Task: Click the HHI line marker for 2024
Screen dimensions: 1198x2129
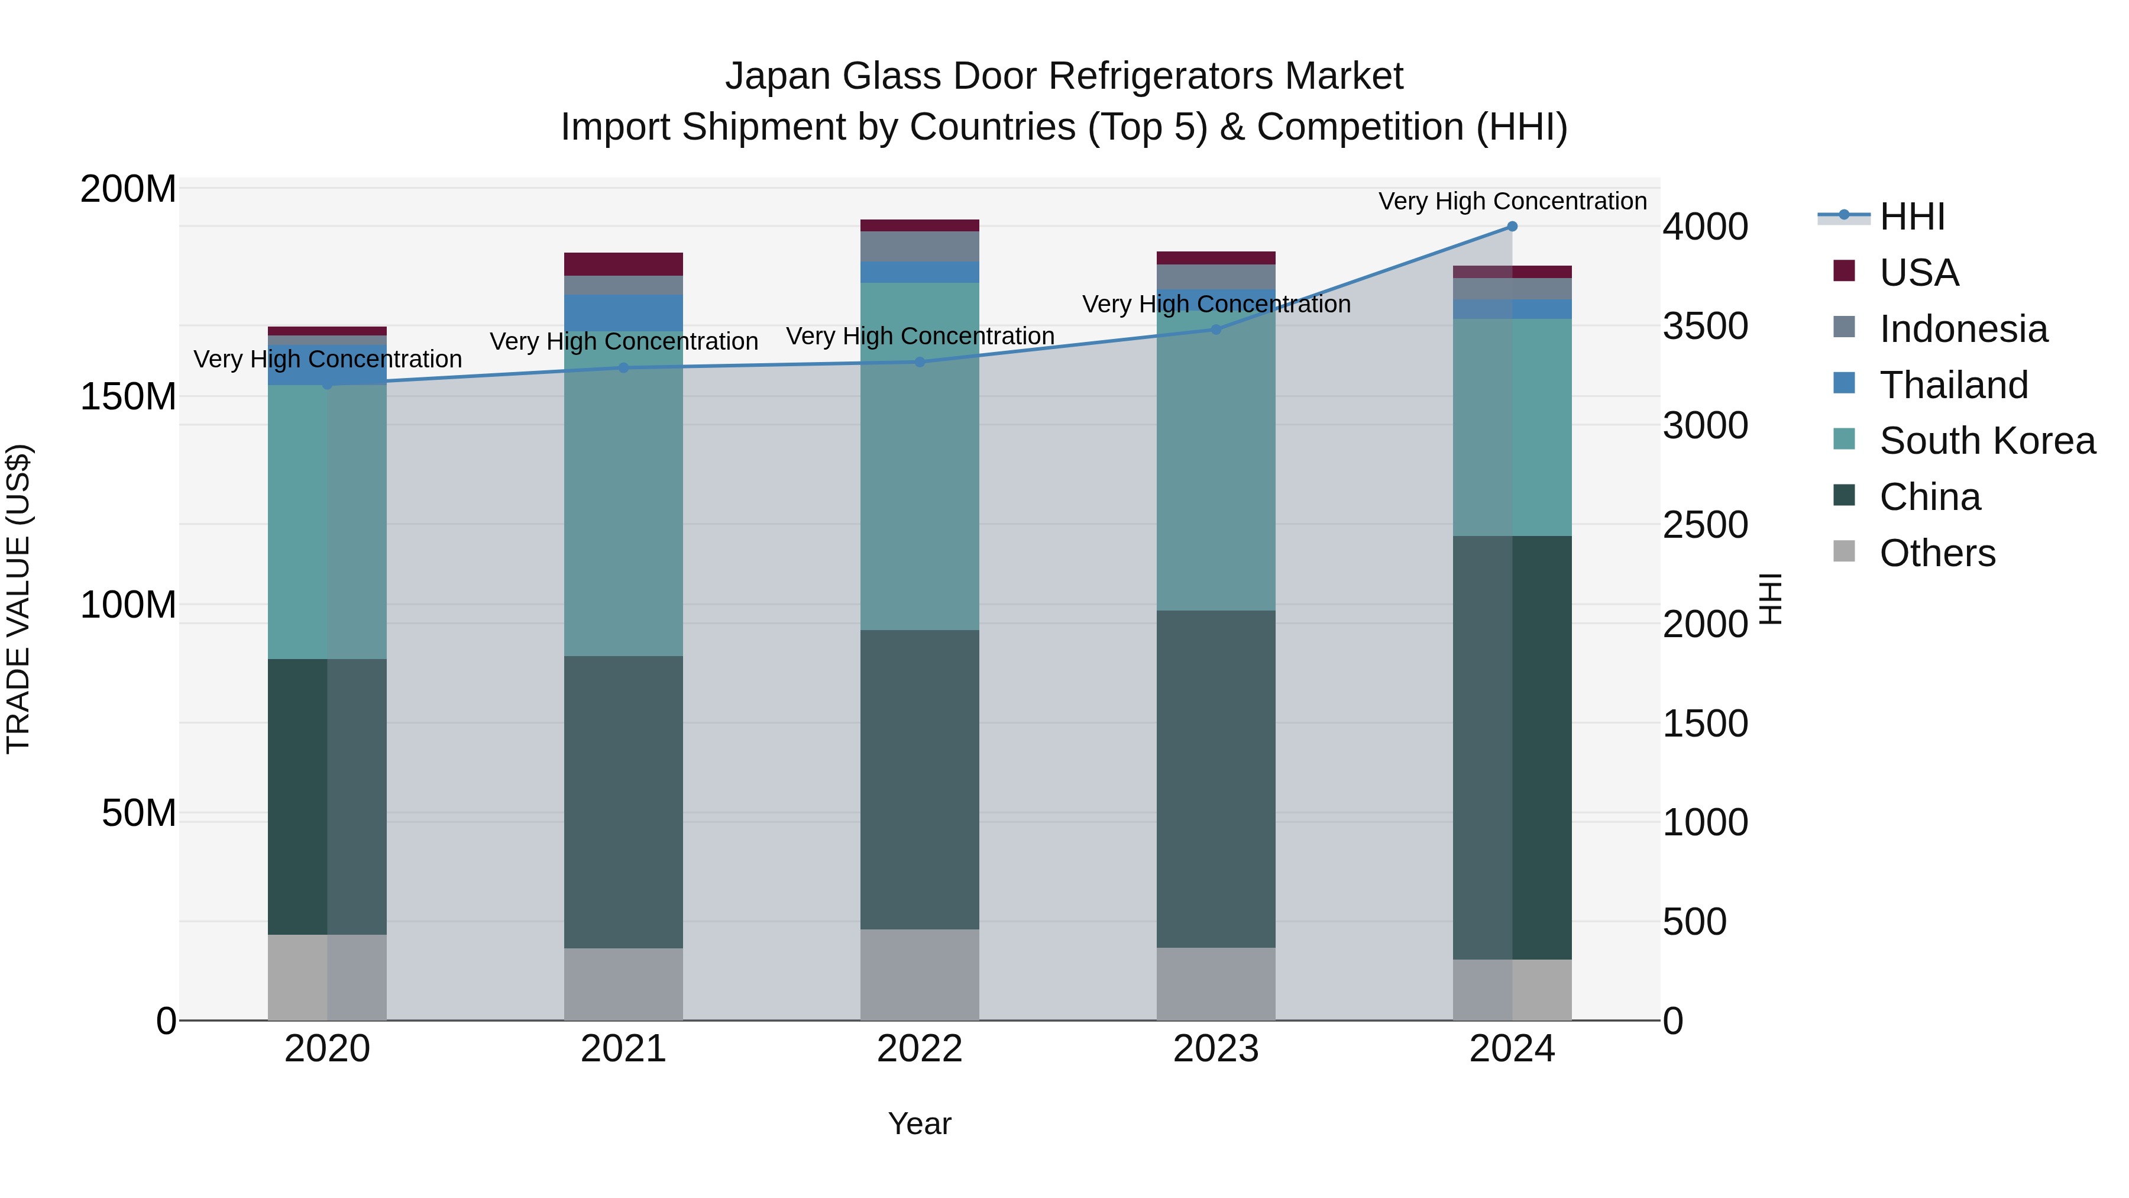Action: coord(1512,226)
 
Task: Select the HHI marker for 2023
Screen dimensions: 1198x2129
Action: coord(1216,329)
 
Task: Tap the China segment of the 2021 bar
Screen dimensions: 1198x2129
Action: coord(623,802)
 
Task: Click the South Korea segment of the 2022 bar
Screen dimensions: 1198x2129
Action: coord(919,456)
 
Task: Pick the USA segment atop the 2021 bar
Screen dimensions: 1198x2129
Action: coord(623,264)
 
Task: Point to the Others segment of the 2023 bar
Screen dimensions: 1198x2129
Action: coord(1216,983)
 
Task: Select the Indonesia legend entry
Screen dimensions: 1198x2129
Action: coord(1963,329)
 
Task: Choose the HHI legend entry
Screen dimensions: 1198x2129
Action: coord(1911,217)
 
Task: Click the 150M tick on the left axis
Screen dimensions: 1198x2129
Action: coord(128,397)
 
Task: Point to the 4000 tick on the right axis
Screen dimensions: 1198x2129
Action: coord(1704,227)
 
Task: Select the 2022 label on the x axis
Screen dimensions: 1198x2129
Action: coord(919,1049)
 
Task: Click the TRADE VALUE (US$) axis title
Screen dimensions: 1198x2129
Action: coord(18,599)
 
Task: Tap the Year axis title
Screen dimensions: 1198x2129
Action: coord(919,1123)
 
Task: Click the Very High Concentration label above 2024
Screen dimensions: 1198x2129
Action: coord(1512,201)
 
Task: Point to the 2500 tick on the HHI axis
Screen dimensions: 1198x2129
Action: coord(1704,525)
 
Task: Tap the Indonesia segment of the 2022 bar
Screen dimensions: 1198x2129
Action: coord(919,246)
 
